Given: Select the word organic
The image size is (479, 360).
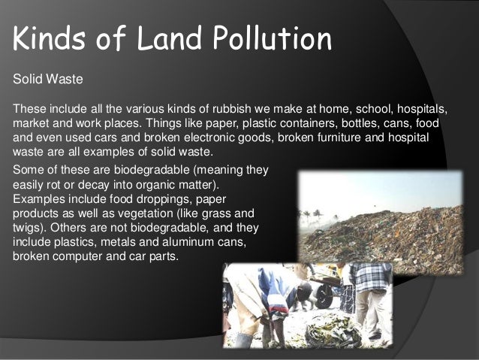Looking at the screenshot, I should click(x=177, y=184).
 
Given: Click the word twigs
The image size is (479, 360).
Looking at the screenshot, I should click(x=28, y=226).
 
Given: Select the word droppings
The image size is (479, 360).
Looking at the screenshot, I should click(x=150, y=198).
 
